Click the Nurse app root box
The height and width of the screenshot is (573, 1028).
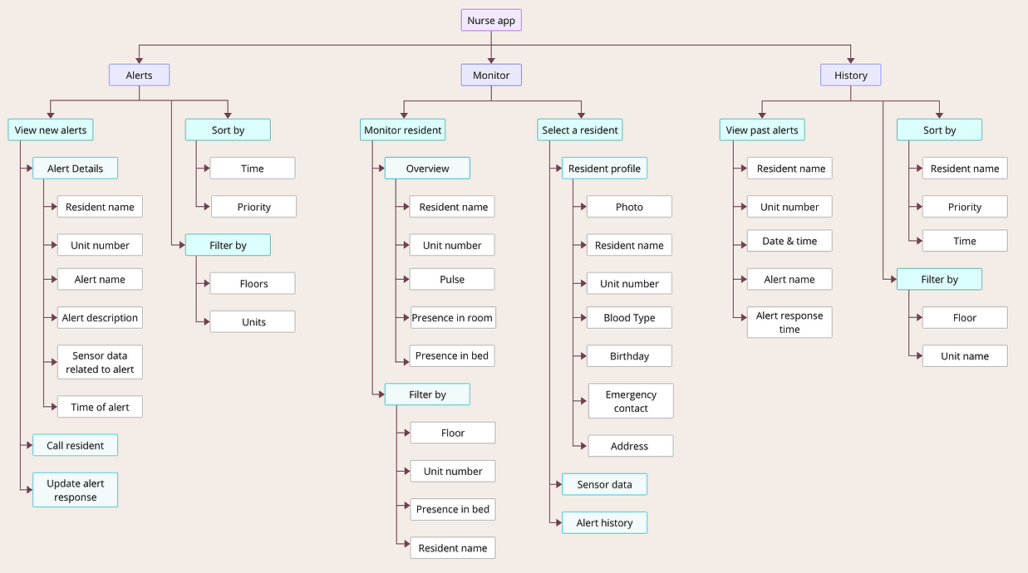pos(491,20)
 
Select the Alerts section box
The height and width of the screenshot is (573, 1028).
pos(139,75)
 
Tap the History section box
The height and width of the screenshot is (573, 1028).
pos(850,75)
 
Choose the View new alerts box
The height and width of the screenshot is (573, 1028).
pos(50,130)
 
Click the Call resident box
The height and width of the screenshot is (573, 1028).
pos(75,445)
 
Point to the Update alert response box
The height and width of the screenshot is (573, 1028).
pos(75,490)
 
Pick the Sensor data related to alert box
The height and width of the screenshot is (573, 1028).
pos(100,362)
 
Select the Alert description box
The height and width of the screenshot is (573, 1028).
pos(100,317)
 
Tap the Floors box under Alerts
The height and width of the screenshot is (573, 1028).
pos(253,283)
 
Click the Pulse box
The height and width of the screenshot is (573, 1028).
pos(452,279)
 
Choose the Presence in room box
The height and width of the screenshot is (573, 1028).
pos(452,317)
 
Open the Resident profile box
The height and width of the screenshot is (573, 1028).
pos(604,169)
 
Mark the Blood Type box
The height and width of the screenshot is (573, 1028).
pos(629,317)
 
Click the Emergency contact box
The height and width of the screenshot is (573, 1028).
pos(631,401)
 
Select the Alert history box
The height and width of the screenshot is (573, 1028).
pos(604,522)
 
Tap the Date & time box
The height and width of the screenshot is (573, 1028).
pos(789,241)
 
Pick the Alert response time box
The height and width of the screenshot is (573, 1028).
pos(789,322)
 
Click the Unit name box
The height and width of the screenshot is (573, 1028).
pos(965,355)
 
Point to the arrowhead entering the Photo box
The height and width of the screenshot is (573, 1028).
pos(583,207)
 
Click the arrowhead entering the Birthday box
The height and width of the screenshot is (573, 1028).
pos(583,355)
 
